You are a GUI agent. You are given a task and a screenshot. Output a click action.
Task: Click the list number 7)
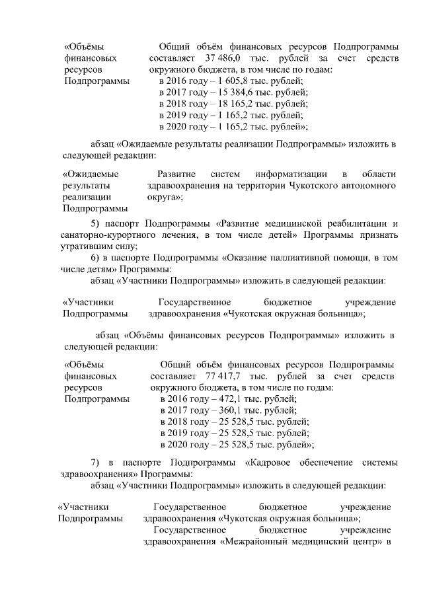tap(95, 462)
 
